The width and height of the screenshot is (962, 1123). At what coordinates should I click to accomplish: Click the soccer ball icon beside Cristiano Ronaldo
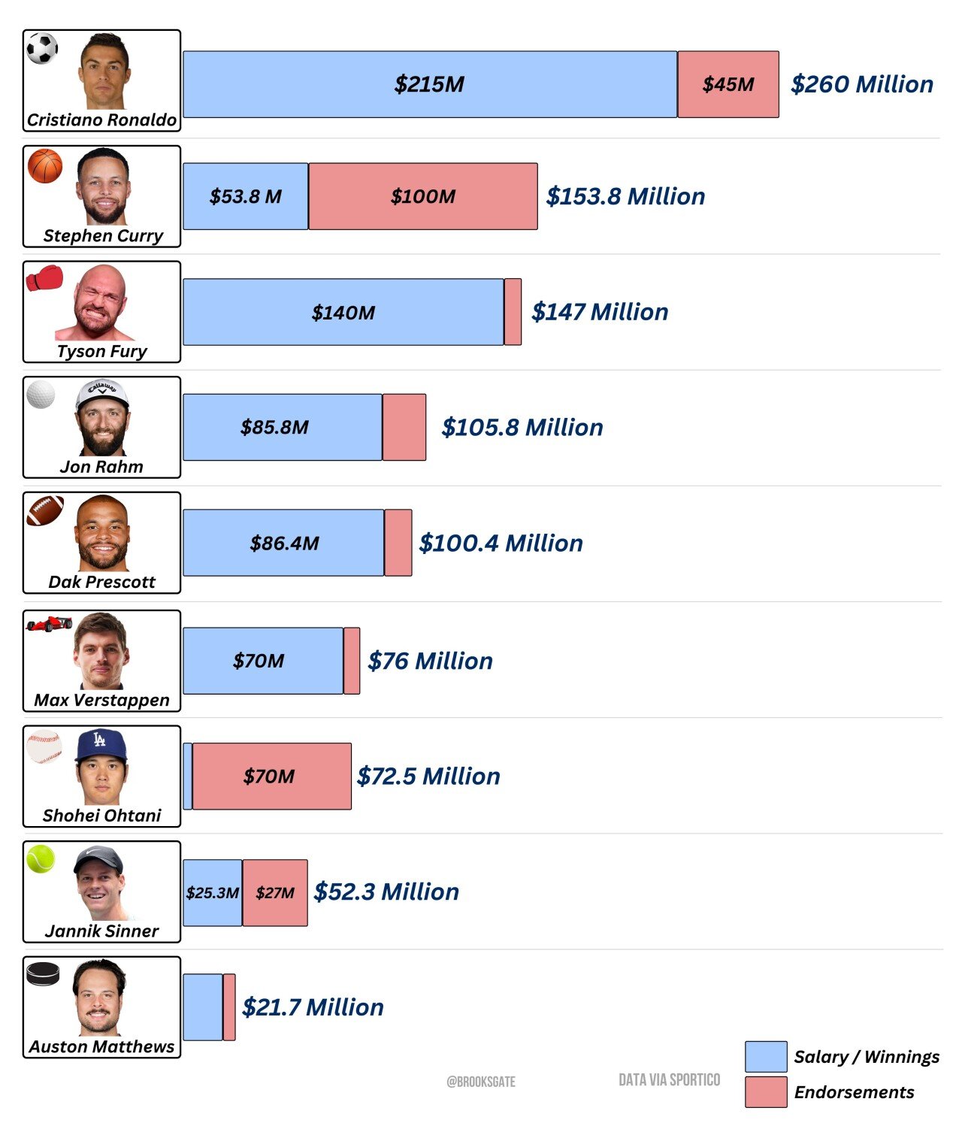pos(42,49)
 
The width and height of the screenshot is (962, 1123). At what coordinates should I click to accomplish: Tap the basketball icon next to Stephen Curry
pos(45,165)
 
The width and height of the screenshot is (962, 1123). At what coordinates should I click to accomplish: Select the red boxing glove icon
pos(44,278)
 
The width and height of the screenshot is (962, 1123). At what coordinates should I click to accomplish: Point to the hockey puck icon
pos(43,973)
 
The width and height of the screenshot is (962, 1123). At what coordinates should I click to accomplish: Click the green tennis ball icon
pos(41,858)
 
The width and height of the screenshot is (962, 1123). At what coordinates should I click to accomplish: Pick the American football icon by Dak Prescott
pos(45,510)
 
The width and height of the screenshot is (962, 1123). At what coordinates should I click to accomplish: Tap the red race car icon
pos(49,623)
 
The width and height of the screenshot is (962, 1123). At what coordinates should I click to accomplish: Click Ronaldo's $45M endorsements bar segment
pos(728,84)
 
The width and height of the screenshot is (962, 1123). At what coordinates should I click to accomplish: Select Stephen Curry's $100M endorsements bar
pos(422,196)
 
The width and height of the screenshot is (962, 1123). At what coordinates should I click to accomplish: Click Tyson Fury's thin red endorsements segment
pos(513,312)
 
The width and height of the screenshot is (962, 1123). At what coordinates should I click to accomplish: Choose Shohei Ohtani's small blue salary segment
pos(188,776)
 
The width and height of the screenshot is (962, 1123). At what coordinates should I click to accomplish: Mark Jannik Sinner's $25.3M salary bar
pos(213,892)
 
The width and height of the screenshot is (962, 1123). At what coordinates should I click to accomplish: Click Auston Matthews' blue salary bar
pos(203,1007)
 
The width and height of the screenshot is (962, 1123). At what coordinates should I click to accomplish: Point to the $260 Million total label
pos(861,84)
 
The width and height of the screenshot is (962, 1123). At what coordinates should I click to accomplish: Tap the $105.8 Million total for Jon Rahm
pos(522,427)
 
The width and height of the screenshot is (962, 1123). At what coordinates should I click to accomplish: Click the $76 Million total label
pos(430,661)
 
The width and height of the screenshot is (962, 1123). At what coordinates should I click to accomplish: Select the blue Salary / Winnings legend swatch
pos(766,1056)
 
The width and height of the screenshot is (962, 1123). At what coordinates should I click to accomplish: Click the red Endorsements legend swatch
pos(766,1091)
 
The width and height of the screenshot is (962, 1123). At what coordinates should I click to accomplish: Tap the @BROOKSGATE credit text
pos(481,1082)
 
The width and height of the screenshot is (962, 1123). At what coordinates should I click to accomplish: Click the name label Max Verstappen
pos(101,700)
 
